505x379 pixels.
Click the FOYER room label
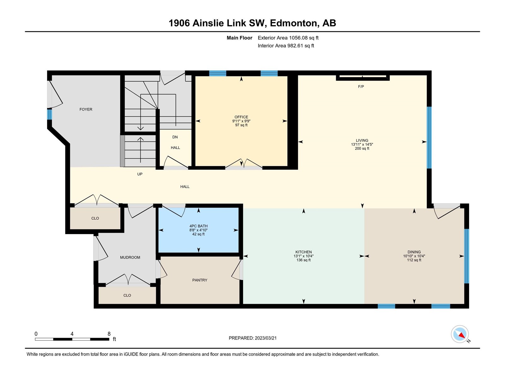(86, 109)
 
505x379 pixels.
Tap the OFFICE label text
(241, 117)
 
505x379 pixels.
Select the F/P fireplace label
(361, 87)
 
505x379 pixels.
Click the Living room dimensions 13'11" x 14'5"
(362, 145)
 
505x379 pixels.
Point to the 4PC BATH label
(199, 226)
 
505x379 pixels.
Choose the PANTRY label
(200, 280)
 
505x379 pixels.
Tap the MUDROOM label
(130, 257)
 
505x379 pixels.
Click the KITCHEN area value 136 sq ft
(304, 260)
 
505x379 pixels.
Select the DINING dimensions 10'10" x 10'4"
(414, 256)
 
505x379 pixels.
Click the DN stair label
(175, 137)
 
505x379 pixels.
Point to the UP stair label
(140, 174)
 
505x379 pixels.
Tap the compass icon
(460, 334)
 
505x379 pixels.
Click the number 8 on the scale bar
(109, 334)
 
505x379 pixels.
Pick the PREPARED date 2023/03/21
(266, 338)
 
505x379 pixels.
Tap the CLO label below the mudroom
(127, 295)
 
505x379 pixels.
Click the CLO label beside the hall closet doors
(95, 218)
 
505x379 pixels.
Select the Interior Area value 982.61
(295, 45)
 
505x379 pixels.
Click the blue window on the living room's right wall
(429, 138)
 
